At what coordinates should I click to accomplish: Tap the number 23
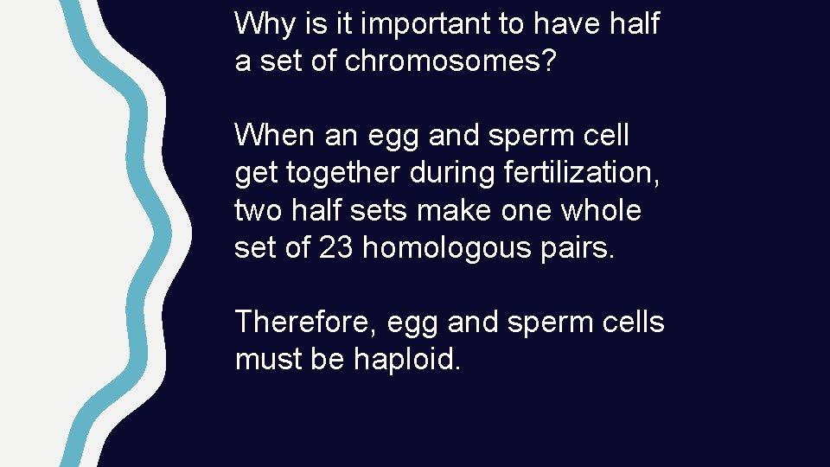[x=336, y=248]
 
